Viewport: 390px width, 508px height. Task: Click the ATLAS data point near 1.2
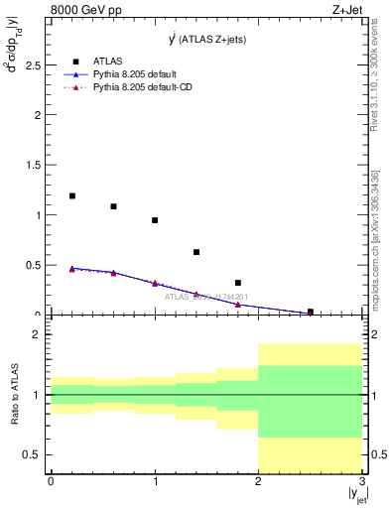point(72,195)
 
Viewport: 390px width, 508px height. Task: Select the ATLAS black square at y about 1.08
point(113,206)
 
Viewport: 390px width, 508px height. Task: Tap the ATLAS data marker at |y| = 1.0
point(155,220)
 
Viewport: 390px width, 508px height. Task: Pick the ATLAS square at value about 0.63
point(196,252)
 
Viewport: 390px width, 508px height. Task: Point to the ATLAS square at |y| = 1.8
point(238,283)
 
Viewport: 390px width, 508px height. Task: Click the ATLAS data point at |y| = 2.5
point(311,312)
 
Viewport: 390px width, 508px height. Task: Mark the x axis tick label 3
point(362,481)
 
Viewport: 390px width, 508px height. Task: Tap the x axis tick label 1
point(155,481)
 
